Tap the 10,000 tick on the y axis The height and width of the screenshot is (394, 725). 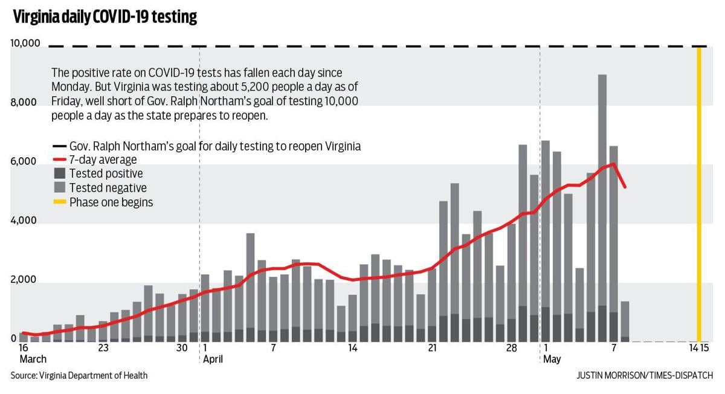pos(25,44)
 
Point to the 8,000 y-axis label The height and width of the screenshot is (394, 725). pos(25,103)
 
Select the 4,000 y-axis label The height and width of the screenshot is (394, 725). pos(25,221)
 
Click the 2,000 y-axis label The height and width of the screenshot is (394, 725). pos(25,280)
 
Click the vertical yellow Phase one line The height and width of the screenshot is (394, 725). pos(699,193)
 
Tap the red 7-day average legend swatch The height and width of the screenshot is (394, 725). pos(59,160)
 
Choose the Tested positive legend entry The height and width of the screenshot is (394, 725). pos(106,174)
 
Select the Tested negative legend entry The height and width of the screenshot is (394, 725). pos(108,188)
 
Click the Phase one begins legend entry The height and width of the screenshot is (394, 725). pos(111,202)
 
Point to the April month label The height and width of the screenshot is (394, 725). pos(213,359)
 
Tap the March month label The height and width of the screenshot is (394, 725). pos(33,359)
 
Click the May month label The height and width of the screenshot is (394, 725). pos(552,359)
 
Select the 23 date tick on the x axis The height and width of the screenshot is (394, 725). pos(103,348)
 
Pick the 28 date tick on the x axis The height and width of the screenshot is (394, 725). pos(511,348)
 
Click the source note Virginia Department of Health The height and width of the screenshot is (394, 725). pos(79,376)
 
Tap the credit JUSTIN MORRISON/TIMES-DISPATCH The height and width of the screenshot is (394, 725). pos(645,376)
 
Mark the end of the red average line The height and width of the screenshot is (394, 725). pos(625,187)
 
